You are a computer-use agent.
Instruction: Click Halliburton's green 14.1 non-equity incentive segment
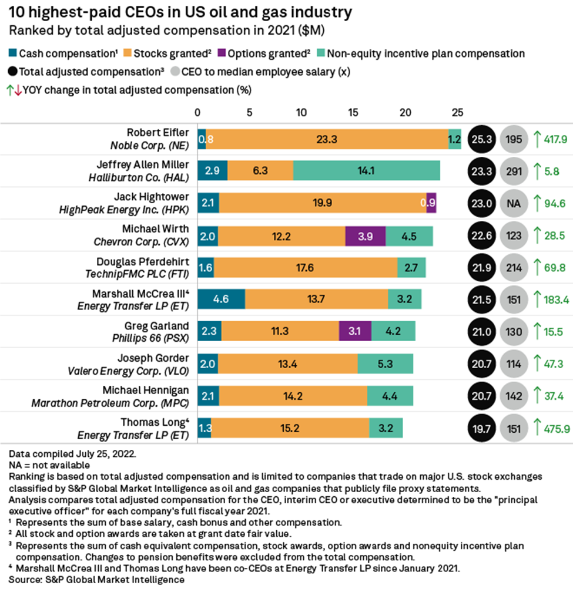[x=366, y=170]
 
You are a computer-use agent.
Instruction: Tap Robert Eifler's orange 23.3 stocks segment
[x=327, y=139]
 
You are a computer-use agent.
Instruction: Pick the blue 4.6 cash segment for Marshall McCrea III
[x=221, y=298]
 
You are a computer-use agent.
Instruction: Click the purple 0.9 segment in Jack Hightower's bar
[x=431, y=203]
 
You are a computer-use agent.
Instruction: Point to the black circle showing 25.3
[x=482, y=139]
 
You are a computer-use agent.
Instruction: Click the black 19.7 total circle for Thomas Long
[x=482, y=428]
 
